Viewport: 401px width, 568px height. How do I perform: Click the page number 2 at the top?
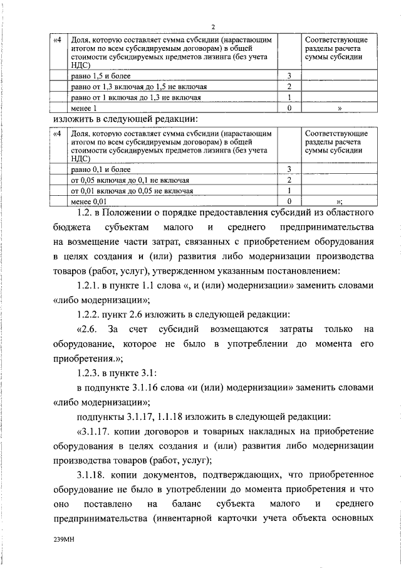pyautogui.click(x=213, y=26)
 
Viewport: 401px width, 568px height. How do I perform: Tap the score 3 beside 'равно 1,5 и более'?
pyautogui.click(x=289, y=76)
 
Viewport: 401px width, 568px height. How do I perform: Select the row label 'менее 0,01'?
pyautogui.click(x=90, y=201)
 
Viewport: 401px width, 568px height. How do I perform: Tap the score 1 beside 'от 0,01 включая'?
pyautogui.click(x=289, y=191)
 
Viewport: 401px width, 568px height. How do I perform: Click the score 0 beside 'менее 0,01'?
pyautogui.click(x=289, y=201)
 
